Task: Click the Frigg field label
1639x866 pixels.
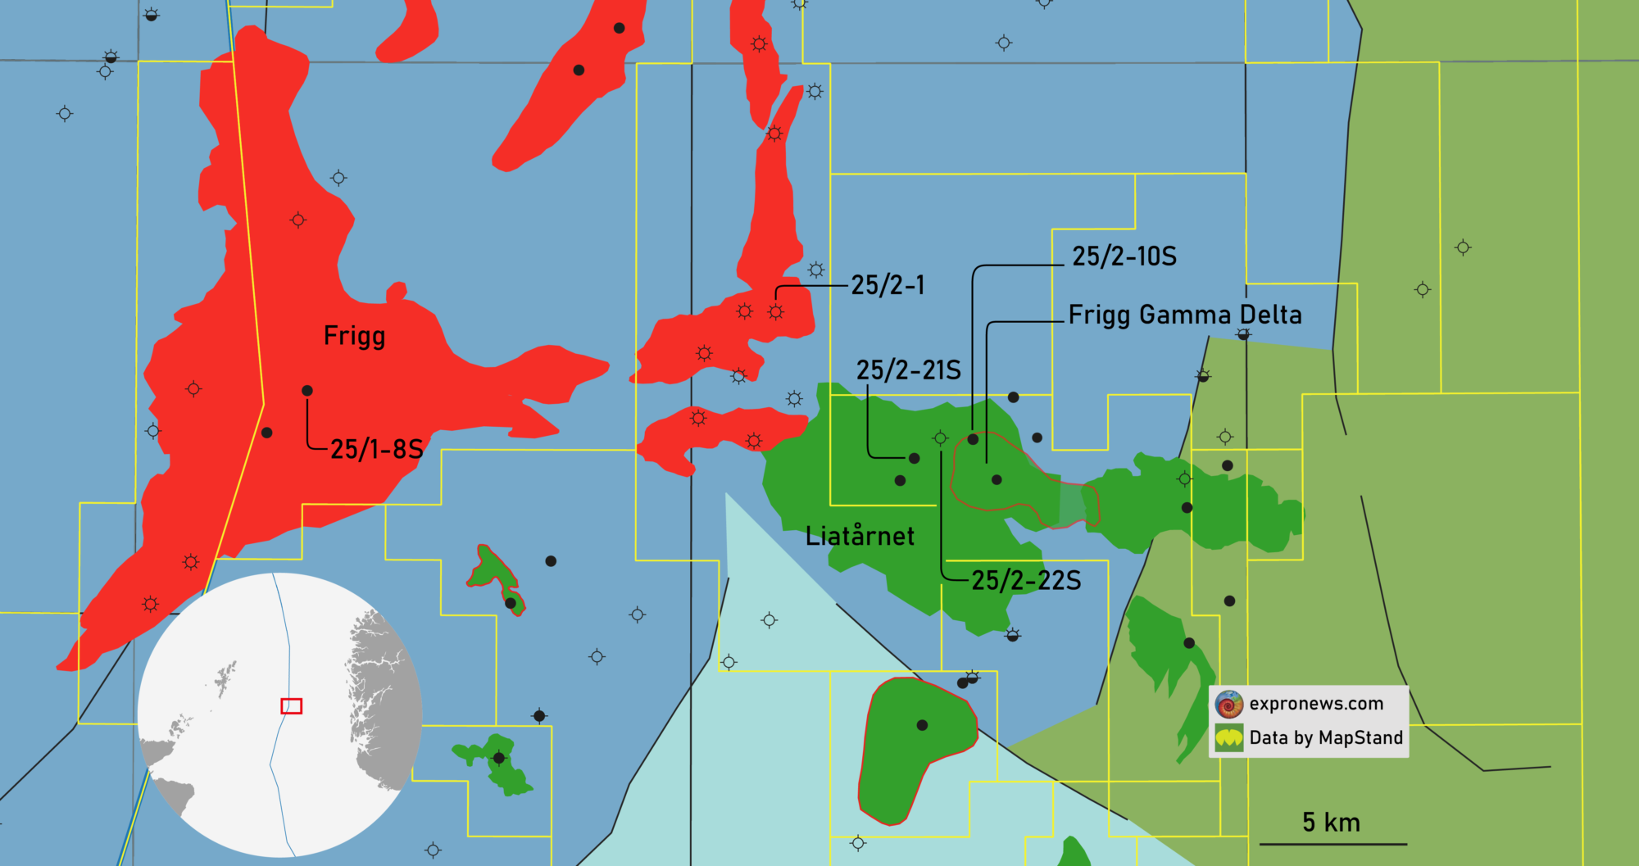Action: click(354, 336)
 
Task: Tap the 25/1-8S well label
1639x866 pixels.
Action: click(376, 449)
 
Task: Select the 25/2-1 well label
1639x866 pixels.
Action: click(888, 285)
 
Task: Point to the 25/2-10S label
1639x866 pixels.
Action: click(1124, 256)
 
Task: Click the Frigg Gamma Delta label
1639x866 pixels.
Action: click(1185, 315)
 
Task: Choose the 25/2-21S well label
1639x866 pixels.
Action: click(908, 370)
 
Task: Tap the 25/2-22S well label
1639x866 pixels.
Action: click(1026, 581)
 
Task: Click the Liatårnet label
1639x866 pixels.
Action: click(860, 537)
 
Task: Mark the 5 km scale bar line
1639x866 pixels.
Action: click(1333, 843)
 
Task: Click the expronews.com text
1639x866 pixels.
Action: click(1316, 704)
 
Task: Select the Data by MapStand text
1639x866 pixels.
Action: click(1326, 738)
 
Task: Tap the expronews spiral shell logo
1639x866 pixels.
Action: click(1229, 704)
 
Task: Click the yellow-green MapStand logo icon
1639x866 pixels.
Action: click(1229, 738)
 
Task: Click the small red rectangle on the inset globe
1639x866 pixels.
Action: click(292, 705)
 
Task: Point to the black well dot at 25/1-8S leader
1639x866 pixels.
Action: click(307, 391)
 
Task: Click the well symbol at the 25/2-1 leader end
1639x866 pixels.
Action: click(776, 312)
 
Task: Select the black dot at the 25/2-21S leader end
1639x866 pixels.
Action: click(915, 458)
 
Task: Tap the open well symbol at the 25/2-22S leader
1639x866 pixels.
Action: click(941, 438)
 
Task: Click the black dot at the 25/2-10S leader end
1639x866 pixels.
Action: click(974, 439)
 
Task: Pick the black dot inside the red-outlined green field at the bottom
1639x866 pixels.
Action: click(922, 725)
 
